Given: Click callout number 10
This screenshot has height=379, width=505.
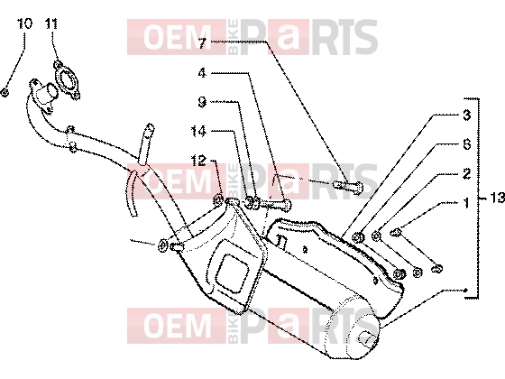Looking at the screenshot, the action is (25, 23).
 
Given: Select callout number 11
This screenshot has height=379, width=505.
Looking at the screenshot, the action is (51, 23).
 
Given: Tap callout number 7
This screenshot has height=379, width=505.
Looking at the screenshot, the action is (202, 43).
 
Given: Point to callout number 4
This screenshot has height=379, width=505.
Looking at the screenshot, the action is (202, 73).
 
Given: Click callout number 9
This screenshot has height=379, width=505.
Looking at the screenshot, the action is (202, 102).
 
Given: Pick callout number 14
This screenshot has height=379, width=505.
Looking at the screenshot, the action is (198, 131).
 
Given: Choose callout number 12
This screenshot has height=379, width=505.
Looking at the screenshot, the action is (198, 161).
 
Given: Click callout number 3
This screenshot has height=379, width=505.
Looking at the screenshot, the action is (467, 115).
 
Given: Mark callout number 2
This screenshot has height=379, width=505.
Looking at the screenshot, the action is (467, 173).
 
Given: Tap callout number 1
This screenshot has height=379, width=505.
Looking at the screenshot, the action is (465, 203).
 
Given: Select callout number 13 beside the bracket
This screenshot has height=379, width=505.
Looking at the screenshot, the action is (497, 198).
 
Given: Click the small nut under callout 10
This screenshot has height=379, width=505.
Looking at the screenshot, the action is (5, 93).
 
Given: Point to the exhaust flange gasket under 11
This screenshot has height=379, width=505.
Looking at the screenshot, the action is (68, 79).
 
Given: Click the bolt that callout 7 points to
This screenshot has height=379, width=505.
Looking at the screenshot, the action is (347, 186).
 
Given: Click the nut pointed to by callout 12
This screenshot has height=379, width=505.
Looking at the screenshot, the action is (218, 200).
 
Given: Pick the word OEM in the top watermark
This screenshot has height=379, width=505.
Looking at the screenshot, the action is (177, 37).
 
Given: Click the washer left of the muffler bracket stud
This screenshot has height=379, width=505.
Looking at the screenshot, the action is (162, 245).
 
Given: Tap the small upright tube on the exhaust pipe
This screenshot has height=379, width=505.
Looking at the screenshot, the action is (145, 143).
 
